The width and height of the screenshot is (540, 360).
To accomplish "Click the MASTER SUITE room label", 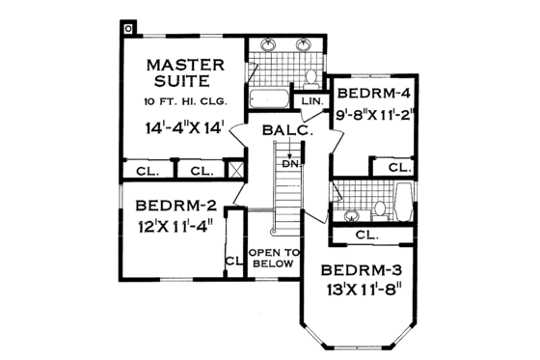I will coord(184,74).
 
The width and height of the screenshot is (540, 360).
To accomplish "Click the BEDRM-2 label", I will coord(175,206).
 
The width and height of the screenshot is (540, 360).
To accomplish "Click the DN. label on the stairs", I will coord(288,163).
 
